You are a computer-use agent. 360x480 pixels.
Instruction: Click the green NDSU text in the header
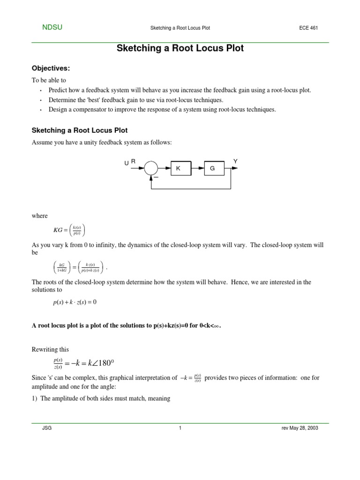point(52,28)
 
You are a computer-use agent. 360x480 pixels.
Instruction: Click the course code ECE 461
point(308,28)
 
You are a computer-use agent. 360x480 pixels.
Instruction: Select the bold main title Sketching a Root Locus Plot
point(180,48)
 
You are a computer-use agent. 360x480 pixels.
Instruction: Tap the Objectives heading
point(50,68)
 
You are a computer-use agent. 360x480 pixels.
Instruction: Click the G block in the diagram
point(212,168)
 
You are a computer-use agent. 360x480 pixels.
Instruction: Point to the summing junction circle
point(151,168)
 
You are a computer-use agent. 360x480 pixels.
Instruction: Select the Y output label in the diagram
point(235,161)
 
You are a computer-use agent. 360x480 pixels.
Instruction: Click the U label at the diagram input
point(127,163)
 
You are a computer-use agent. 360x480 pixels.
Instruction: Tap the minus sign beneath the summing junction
point(157,177)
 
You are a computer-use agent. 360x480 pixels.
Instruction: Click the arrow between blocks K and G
point(198,168)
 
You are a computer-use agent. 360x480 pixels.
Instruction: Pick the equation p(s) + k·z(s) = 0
point(75,302)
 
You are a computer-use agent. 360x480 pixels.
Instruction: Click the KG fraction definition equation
point(69,230)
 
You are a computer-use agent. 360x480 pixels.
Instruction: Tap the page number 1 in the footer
point(180,428)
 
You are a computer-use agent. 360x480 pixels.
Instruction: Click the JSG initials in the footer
point(47,428)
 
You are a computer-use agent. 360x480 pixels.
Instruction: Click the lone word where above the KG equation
point(39,216)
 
